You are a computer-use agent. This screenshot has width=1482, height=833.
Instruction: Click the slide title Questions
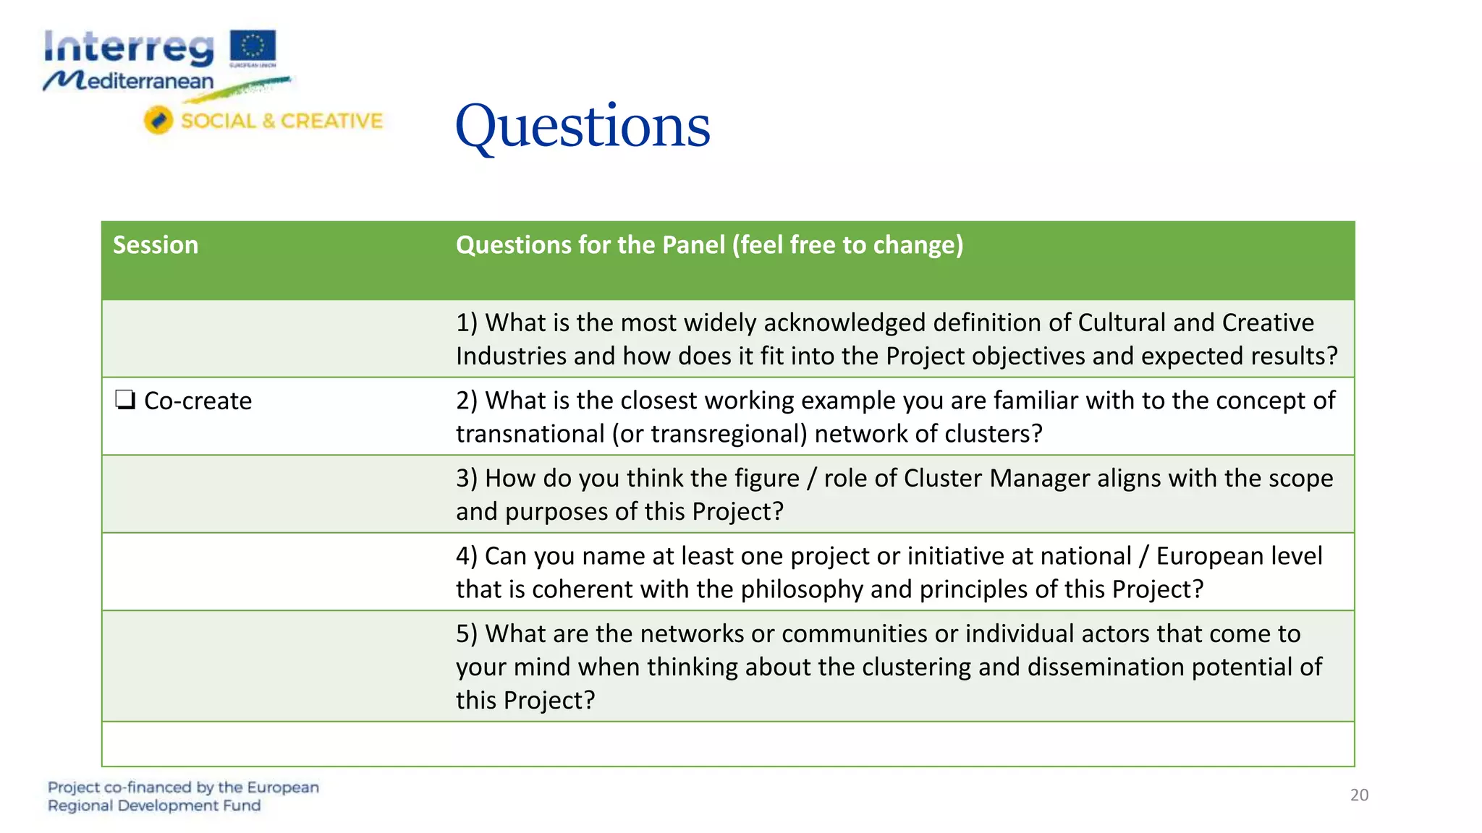point(583,127)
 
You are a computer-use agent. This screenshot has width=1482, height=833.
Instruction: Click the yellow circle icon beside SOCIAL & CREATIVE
point(158,120)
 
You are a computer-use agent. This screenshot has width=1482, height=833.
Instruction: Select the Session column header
point(156,245)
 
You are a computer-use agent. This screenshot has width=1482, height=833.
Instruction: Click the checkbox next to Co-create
point(125,400)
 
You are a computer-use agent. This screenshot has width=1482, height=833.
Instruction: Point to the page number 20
point(1359,795)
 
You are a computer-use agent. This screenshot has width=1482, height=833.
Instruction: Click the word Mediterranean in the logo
point(129,81)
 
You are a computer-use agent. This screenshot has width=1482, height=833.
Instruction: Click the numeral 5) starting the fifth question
point(467,634)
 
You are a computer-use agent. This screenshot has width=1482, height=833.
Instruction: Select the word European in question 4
point(1201,556)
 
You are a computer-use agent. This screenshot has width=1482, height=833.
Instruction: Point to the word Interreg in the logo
point(129,48)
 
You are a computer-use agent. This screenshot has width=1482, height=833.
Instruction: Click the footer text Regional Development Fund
point(153,806)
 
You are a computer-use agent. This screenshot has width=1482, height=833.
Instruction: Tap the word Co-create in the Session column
point(198,401)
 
